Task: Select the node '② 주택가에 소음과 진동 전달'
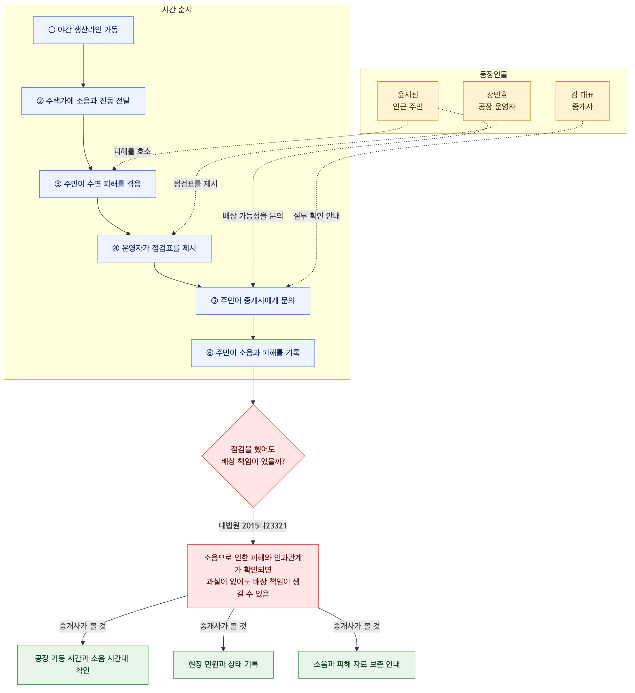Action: (83, 101)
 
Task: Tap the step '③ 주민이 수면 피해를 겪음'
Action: (98, 184)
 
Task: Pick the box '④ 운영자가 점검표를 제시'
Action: (154, 249)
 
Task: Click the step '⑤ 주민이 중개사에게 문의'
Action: (253, 301)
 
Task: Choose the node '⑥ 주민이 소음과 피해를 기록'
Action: (253, 353)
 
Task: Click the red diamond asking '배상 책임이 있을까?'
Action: (253, 456)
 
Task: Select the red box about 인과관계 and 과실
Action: (253, 576)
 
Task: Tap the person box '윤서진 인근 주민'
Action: (408, 101)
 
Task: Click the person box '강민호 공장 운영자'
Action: (497, 101)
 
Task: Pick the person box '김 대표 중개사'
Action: (582, 101)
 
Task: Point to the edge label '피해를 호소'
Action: (132, 152)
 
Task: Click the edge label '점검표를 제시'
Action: (196, 184)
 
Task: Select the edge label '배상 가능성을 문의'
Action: (253, 216)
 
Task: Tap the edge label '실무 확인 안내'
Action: (316, 216)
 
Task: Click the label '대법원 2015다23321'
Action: (253, 526)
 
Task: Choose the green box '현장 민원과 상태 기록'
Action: (223, 664)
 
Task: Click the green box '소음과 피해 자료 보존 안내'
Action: (357, 664)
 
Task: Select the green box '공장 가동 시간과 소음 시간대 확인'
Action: (83, 664)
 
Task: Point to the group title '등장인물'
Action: (493, 74)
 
